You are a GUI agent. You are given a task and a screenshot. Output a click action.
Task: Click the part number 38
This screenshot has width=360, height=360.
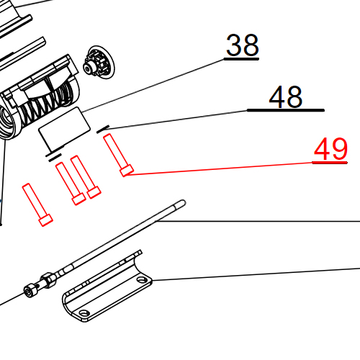[242, 46]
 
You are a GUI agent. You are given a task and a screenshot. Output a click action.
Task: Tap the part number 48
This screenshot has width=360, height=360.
[286, 98]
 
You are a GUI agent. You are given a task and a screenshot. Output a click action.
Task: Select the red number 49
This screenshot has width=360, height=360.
[330, 150]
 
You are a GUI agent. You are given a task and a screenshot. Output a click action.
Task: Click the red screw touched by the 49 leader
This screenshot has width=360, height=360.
[117, 154]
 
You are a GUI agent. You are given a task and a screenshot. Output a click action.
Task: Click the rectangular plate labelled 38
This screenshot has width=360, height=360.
[61, 127]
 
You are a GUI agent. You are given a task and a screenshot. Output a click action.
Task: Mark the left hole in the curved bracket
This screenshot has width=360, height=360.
[85, 314]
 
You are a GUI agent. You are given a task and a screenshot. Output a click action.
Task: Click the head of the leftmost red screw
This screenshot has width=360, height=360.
[45, 218]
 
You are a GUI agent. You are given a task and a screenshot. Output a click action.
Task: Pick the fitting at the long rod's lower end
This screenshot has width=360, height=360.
[31, 291]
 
